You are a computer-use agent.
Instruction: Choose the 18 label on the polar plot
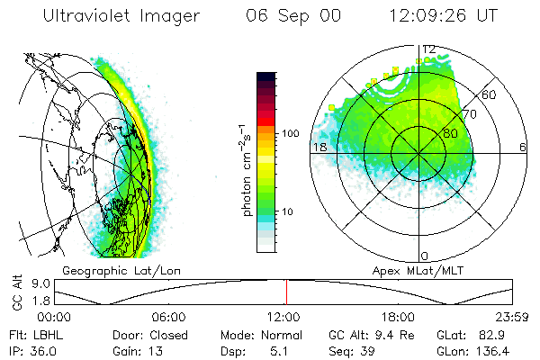(x=318, y=147)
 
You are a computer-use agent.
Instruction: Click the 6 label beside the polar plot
(x=522, y=147)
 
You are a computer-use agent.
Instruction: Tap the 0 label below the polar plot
(x=425, y=256)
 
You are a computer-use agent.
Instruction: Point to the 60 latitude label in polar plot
(x=490, y=95)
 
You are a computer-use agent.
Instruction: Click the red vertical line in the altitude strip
(x=286, y=292)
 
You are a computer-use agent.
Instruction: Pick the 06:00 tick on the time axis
(x=168, y=317)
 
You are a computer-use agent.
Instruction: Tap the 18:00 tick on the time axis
(x=398, y=317)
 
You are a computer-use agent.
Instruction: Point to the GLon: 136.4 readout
(x=481, y=350)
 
